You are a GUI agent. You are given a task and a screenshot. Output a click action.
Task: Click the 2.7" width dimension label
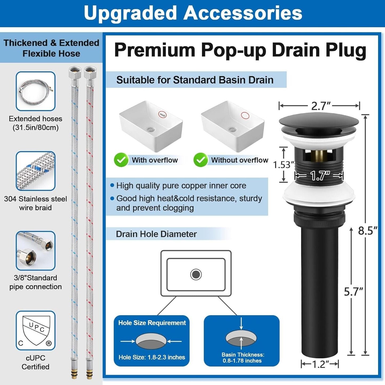click(321, 106)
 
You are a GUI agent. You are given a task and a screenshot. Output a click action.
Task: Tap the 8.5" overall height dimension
click(367, 231)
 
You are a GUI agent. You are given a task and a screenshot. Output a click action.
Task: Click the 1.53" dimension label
click(283, 165)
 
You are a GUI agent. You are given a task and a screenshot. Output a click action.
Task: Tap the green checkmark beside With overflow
click(121, 160)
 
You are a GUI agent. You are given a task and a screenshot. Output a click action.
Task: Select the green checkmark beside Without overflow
click(201, 160)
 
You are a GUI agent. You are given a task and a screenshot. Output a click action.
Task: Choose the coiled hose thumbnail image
click(35, 91)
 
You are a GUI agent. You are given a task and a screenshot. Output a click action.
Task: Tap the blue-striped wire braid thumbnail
click(35, 171)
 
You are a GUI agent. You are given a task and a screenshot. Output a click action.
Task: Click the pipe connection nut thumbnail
click(35, 251)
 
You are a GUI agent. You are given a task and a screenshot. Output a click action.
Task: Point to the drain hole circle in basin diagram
click(196, 274)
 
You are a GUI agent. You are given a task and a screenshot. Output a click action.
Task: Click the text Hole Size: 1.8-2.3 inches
click(152, 357)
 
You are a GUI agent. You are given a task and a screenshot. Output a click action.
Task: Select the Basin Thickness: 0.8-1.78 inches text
click(242, 358)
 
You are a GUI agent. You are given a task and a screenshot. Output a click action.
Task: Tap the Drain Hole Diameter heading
click(156, 234)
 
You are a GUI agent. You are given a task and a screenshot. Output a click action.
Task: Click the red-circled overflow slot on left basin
click(162, 115)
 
